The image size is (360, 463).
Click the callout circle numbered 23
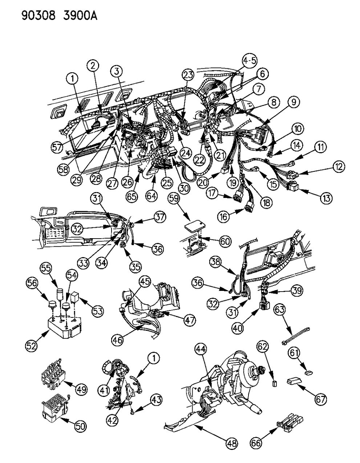[x=189, y=75]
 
